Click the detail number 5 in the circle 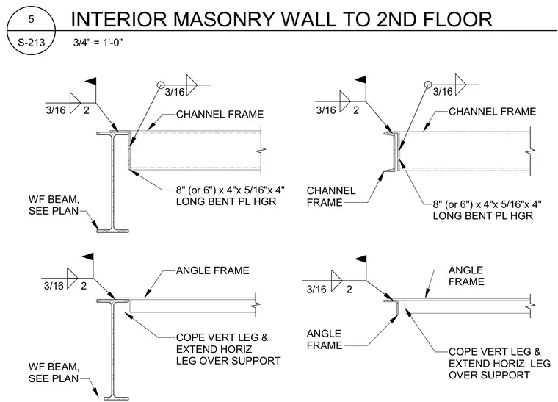(x=32, y=19)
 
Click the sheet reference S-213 (x=32, y=43)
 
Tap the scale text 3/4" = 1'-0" (x=98, y=43)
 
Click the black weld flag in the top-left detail (x=91, y=82)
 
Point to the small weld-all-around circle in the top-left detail (x=161, y=85)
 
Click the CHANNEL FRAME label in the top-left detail (x=220, y=115)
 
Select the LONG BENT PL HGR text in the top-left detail (x=226, y=201)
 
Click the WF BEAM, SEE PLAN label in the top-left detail (x=54, y=205)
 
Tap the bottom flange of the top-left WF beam (x=112, y=231)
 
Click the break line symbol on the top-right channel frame (x=530, y=151)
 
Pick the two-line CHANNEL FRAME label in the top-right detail (x=331, y=196)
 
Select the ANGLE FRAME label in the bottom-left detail (x=212, y=270)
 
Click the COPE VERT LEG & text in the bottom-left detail (x=222, y=337)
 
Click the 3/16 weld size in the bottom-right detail (x=316, y=289)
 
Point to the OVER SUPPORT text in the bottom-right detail (x=489, y=375)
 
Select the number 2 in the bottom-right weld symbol (x=349, y=289)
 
